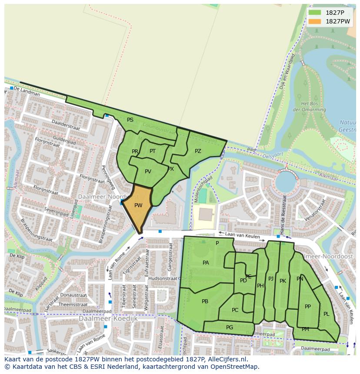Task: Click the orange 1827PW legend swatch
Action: click(x=315, y=21)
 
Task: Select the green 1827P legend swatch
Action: click(x=315, y=13)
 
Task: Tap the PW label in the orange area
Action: click(x=138, y=205)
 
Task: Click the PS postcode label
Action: click(x=130, y=120)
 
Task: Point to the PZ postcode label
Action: click(x=198, y=151)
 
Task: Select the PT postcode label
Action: click(x=153, y=151)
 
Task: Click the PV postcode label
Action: click(x=148, y=172)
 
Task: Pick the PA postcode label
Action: click(x=206, y=263)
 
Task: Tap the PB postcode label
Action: click(x=205, y=301)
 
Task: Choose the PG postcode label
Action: click(x=230, y=328)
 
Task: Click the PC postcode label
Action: click(x=235, y=310)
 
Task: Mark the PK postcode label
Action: click(x=283, y=281)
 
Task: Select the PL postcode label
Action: click(x=326, y=314)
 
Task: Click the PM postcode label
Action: click(x=305, y=329)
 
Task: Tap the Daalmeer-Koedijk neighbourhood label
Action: click(x=108, y=318)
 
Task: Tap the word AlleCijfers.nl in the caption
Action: click(x=226, y=359)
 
